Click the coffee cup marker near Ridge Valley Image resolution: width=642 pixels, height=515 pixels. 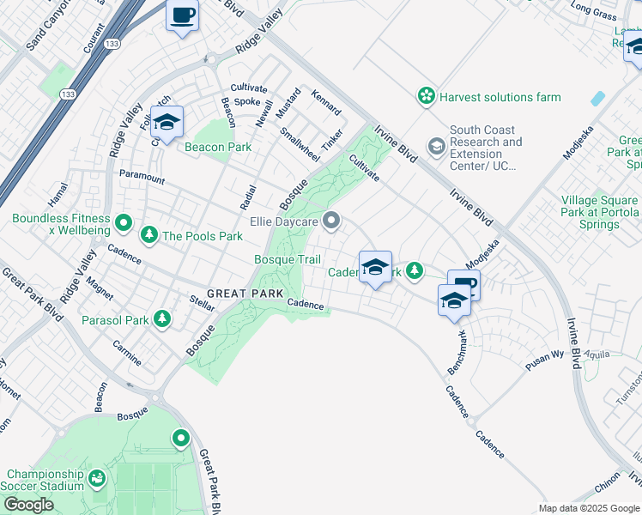click(182, 16)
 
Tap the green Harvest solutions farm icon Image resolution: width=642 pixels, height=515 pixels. click(427, 97)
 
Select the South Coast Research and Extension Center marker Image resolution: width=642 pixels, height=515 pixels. click(437, 148)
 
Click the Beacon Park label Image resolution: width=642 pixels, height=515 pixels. click(218, 147)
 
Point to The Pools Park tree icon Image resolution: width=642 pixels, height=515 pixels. click(149, 235)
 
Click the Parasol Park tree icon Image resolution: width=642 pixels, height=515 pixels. click(160, 320)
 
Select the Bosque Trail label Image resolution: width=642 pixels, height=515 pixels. click(288, 260)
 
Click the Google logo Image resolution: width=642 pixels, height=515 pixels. click(28, 505)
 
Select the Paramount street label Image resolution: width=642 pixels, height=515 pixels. click(142, 179)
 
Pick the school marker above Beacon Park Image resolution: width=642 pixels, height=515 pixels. click(167, 122)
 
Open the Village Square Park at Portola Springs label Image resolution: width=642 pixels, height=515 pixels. click(600, 212)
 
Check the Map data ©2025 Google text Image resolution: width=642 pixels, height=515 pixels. click(590, 508)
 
